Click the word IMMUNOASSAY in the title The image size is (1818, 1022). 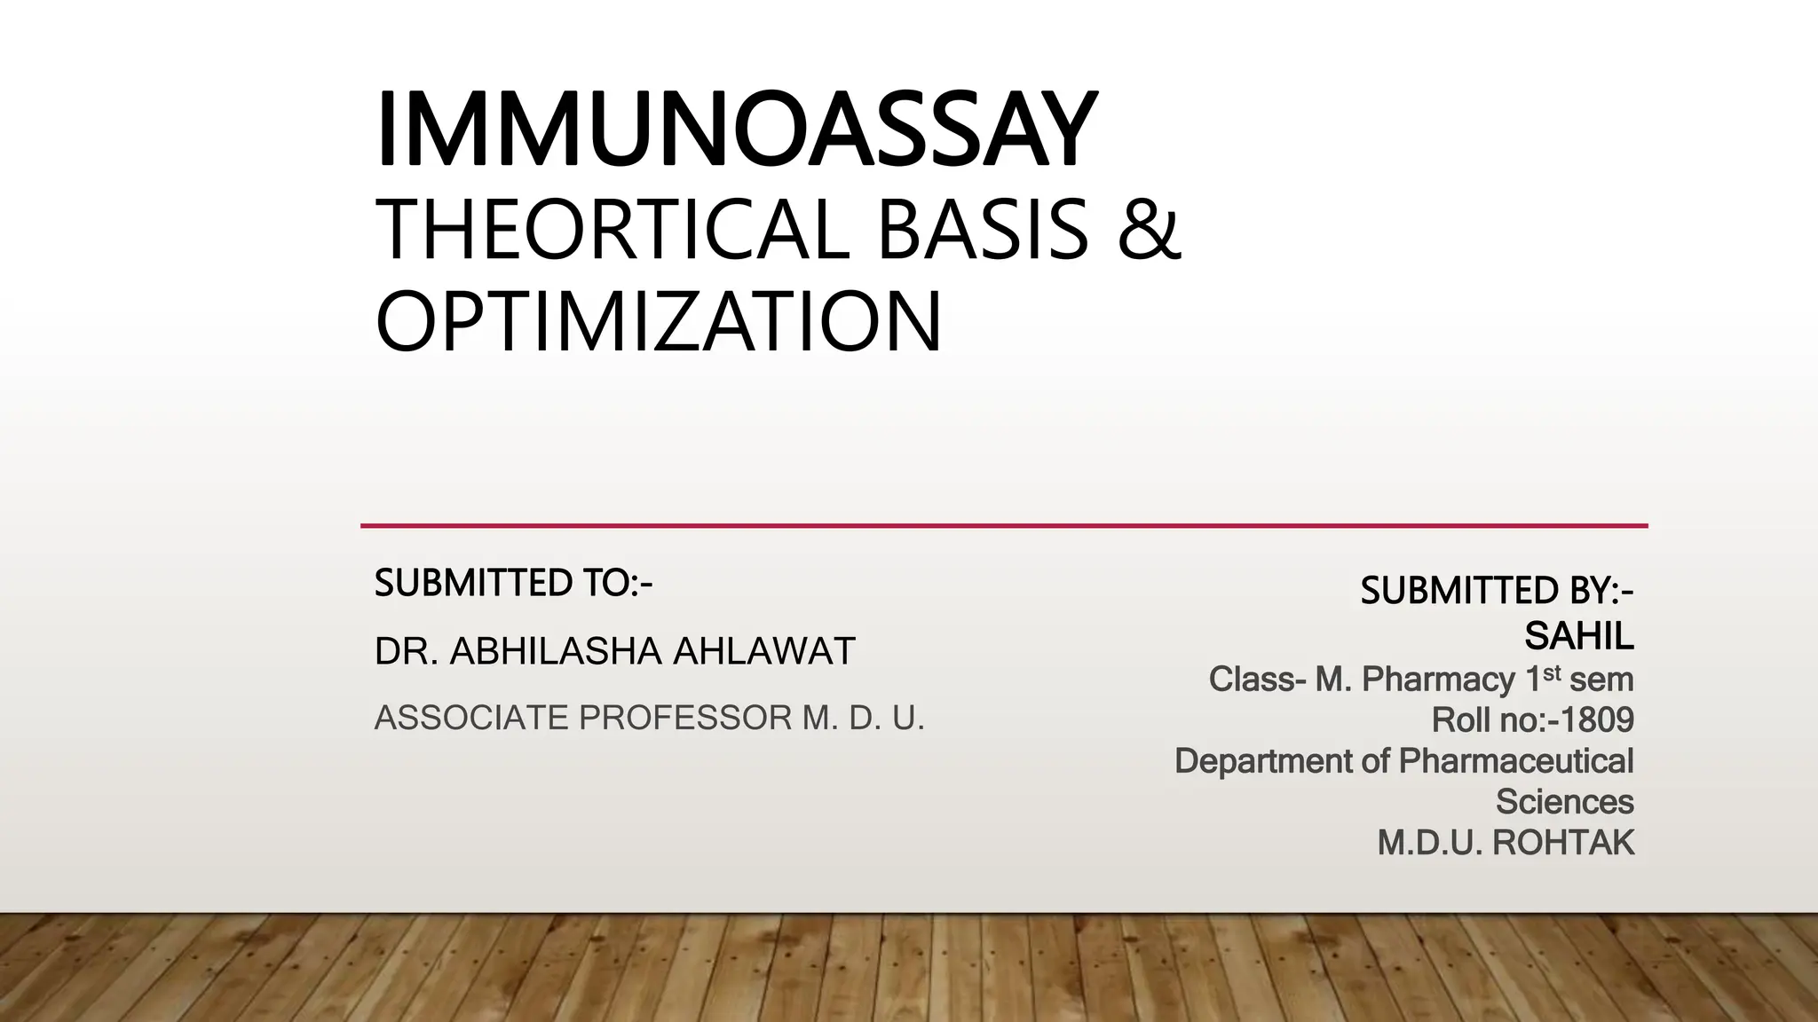[x=736, y=130]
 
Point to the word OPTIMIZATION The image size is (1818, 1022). [x=658, y=321]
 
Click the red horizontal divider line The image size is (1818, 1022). [x=1003, y=526]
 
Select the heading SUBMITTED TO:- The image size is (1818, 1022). [x=513, y=583]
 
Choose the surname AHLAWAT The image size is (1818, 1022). [x=763, y=652]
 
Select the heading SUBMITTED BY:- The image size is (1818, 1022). [x=1497, y=591]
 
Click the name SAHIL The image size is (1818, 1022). [x=1579, y=635]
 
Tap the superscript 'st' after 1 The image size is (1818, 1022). [x=1552, y=673]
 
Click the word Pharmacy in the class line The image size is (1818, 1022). [x=1438, y=680]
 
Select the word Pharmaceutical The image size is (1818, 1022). [x=1516, y=761]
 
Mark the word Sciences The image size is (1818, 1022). [x=1564, y=802]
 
